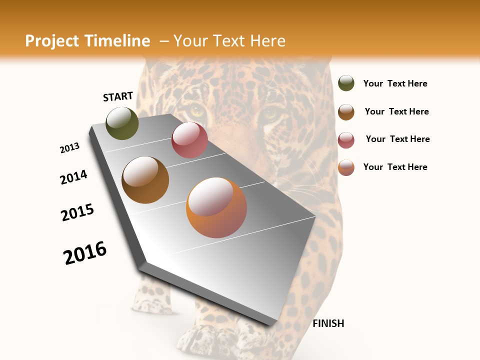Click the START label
point(118,96)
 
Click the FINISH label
point(328,323)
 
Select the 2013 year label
point(70,148)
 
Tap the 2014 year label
point(73,177)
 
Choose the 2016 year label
point(85,253)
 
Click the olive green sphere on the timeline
point(122,123)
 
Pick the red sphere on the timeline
point(189,140)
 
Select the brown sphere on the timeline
point(145,180)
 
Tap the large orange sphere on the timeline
point(216,207)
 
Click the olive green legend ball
point(346,83)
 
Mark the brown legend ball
point(346,111)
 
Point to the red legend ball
point(346,140)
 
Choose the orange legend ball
point(346,167)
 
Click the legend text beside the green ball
point(395,83)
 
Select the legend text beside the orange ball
point(395,167)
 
